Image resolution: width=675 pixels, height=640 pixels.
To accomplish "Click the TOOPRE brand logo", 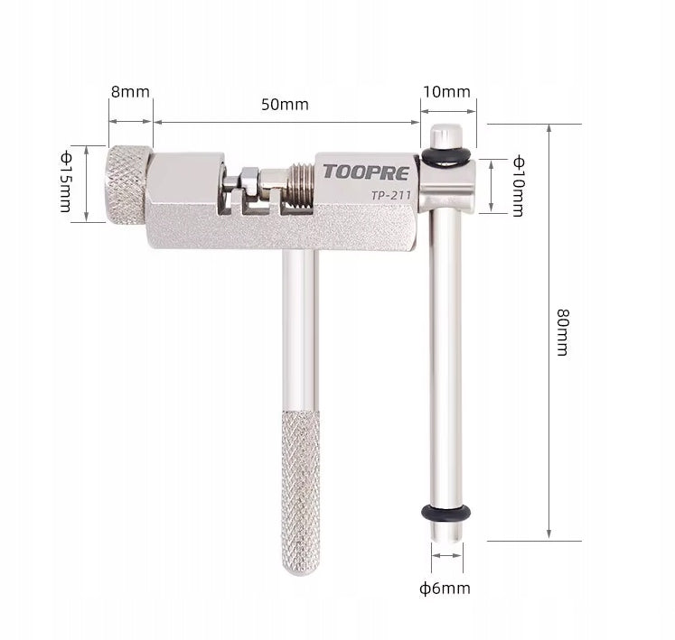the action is [x=366, y=172].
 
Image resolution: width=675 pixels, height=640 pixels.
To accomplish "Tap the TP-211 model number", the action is [x=391, y=196].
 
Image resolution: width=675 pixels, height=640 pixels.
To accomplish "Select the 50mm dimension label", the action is [x=285, y=105].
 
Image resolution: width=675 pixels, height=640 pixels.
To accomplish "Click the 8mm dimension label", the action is [x=130, y=91].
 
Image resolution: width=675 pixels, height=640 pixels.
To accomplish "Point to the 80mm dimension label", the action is [x=562, y=332].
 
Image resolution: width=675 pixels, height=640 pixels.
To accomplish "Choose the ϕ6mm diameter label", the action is [x=445, y=588].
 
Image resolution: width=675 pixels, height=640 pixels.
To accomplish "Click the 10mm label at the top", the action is [x=446, y=91].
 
